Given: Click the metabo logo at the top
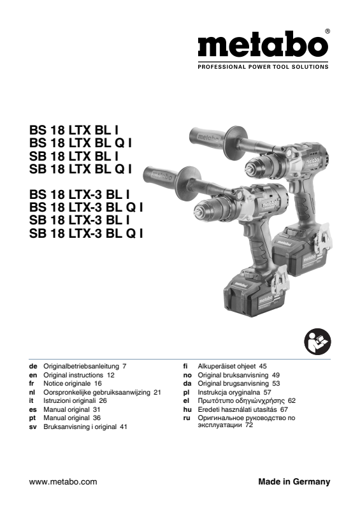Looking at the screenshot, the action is click(263, 44).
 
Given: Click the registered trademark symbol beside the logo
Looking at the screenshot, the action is click(328, 31).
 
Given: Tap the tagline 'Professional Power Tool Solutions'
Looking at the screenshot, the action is click(263, 67).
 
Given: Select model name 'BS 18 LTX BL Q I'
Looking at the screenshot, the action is click(80, 143).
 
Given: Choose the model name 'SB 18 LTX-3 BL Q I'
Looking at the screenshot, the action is click(86, 233).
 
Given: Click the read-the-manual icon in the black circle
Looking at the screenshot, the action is click(317, 342).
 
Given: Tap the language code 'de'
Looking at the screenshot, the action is click(33, 366).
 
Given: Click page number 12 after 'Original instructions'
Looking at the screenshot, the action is click(111, 375).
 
